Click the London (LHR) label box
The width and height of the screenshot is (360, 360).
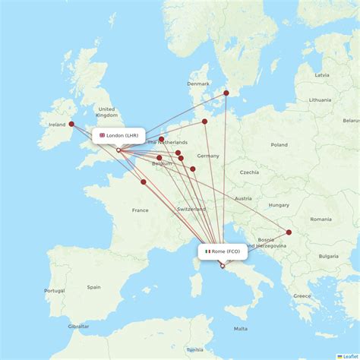coord(118,136)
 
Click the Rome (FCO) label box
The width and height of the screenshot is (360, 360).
coord(222,251)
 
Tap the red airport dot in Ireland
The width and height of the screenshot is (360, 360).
coord(71,124)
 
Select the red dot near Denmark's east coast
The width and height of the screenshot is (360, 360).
coord(226,93)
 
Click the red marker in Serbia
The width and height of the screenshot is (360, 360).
coord(289,232)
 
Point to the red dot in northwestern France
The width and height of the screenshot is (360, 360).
coord(143,182)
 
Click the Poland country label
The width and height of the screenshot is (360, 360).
coord(279,144)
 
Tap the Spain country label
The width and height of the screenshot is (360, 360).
coord(93,287)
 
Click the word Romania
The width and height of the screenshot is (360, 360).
coord(321,219)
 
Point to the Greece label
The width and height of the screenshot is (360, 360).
coord(302,295)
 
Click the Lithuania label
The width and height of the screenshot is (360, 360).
coord(321,99)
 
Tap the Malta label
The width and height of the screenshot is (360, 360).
coord(240,329)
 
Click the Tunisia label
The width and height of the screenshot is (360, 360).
coord(195,349)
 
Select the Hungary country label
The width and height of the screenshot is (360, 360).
coord(279,205)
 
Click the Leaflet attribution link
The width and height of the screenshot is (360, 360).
coord(347,355)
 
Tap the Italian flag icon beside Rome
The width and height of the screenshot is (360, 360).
coord(207,251)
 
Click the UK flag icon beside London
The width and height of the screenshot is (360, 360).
coord(102,136)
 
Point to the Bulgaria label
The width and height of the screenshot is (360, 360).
coord(329,256)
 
